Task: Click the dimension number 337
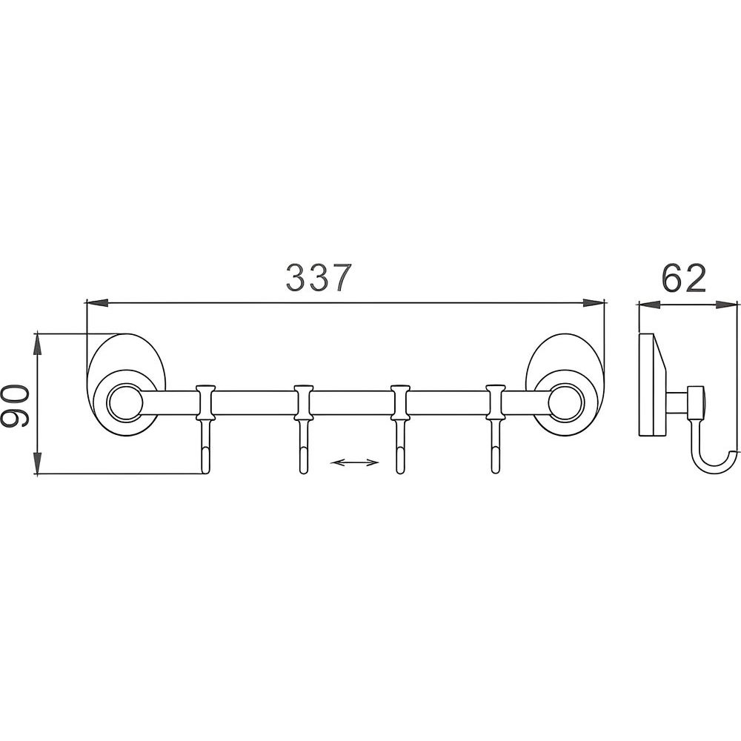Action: click(x=319, y=277)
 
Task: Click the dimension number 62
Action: click(x=683, y=279)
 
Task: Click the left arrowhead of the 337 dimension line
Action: click(x=97, y=303)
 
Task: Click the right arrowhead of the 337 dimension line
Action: click(x=594, y=303)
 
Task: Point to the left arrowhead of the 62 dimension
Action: click(x=649, y=305)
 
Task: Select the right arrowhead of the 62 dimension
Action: click(x=727, y=305)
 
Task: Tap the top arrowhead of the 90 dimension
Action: click(x=37, y=345)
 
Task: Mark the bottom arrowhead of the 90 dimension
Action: click(x=37, y=462)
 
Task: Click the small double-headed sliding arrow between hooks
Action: click(x=354, y=462)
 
